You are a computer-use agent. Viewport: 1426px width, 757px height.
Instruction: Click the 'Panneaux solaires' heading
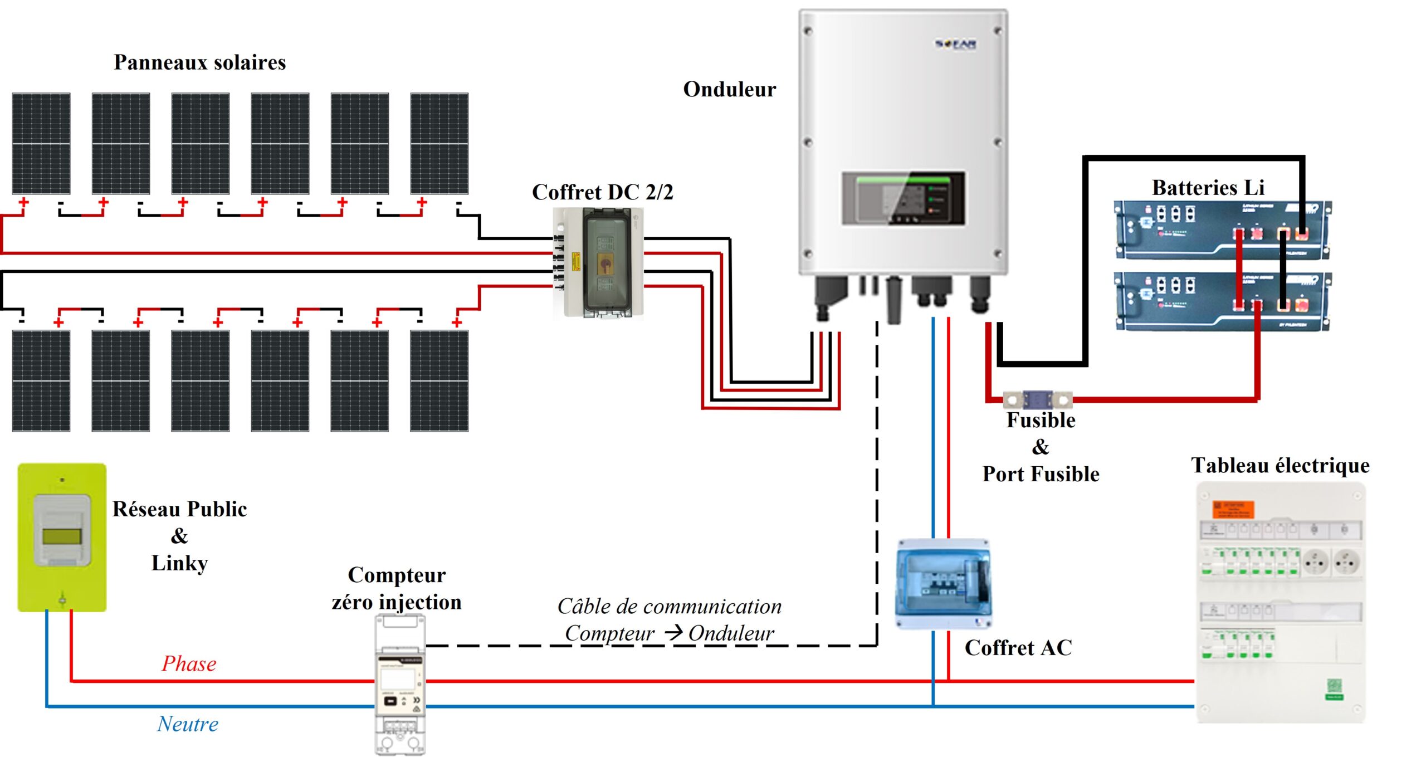pos(199,62)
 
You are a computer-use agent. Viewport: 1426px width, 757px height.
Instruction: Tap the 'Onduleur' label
pos(729,89)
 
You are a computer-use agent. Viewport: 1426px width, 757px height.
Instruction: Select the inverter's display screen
pos(902,198)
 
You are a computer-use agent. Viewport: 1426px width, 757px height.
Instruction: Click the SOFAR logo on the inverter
pos(955,43)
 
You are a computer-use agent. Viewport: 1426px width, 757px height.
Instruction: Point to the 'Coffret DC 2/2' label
pos(602,192)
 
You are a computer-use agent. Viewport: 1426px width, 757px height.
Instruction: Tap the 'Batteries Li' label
pos(1208,188)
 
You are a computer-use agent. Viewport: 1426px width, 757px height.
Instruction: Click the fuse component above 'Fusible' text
pos(1037,400)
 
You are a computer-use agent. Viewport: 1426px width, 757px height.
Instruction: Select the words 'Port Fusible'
pos(1041,474)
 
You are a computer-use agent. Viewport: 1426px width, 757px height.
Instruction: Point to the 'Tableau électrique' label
pos(1280,465)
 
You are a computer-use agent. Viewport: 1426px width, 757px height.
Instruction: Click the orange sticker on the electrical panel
pos(1233,509)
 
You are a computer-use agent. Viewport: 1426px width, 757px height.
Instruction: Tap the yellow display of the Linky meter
pos(62,536)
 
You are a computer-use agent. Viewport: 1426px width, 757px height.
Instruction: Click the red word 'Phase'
pos(189,663)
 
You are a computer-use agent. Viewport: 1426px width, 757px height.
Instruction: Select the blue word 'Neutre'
pos(188,724)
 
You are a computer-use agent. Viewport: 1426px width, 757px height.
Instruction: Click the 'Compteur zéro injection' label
pos(397,588)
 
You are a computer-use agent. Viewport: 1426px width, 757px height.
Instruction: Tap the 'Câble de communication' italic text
pos(670,607)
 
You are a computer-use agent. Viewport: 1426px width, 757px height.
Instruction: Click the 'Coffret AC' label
pos(1018,648)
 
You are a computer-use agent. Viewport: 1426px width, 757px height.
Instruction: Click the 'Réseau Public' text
pos(179,509)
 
